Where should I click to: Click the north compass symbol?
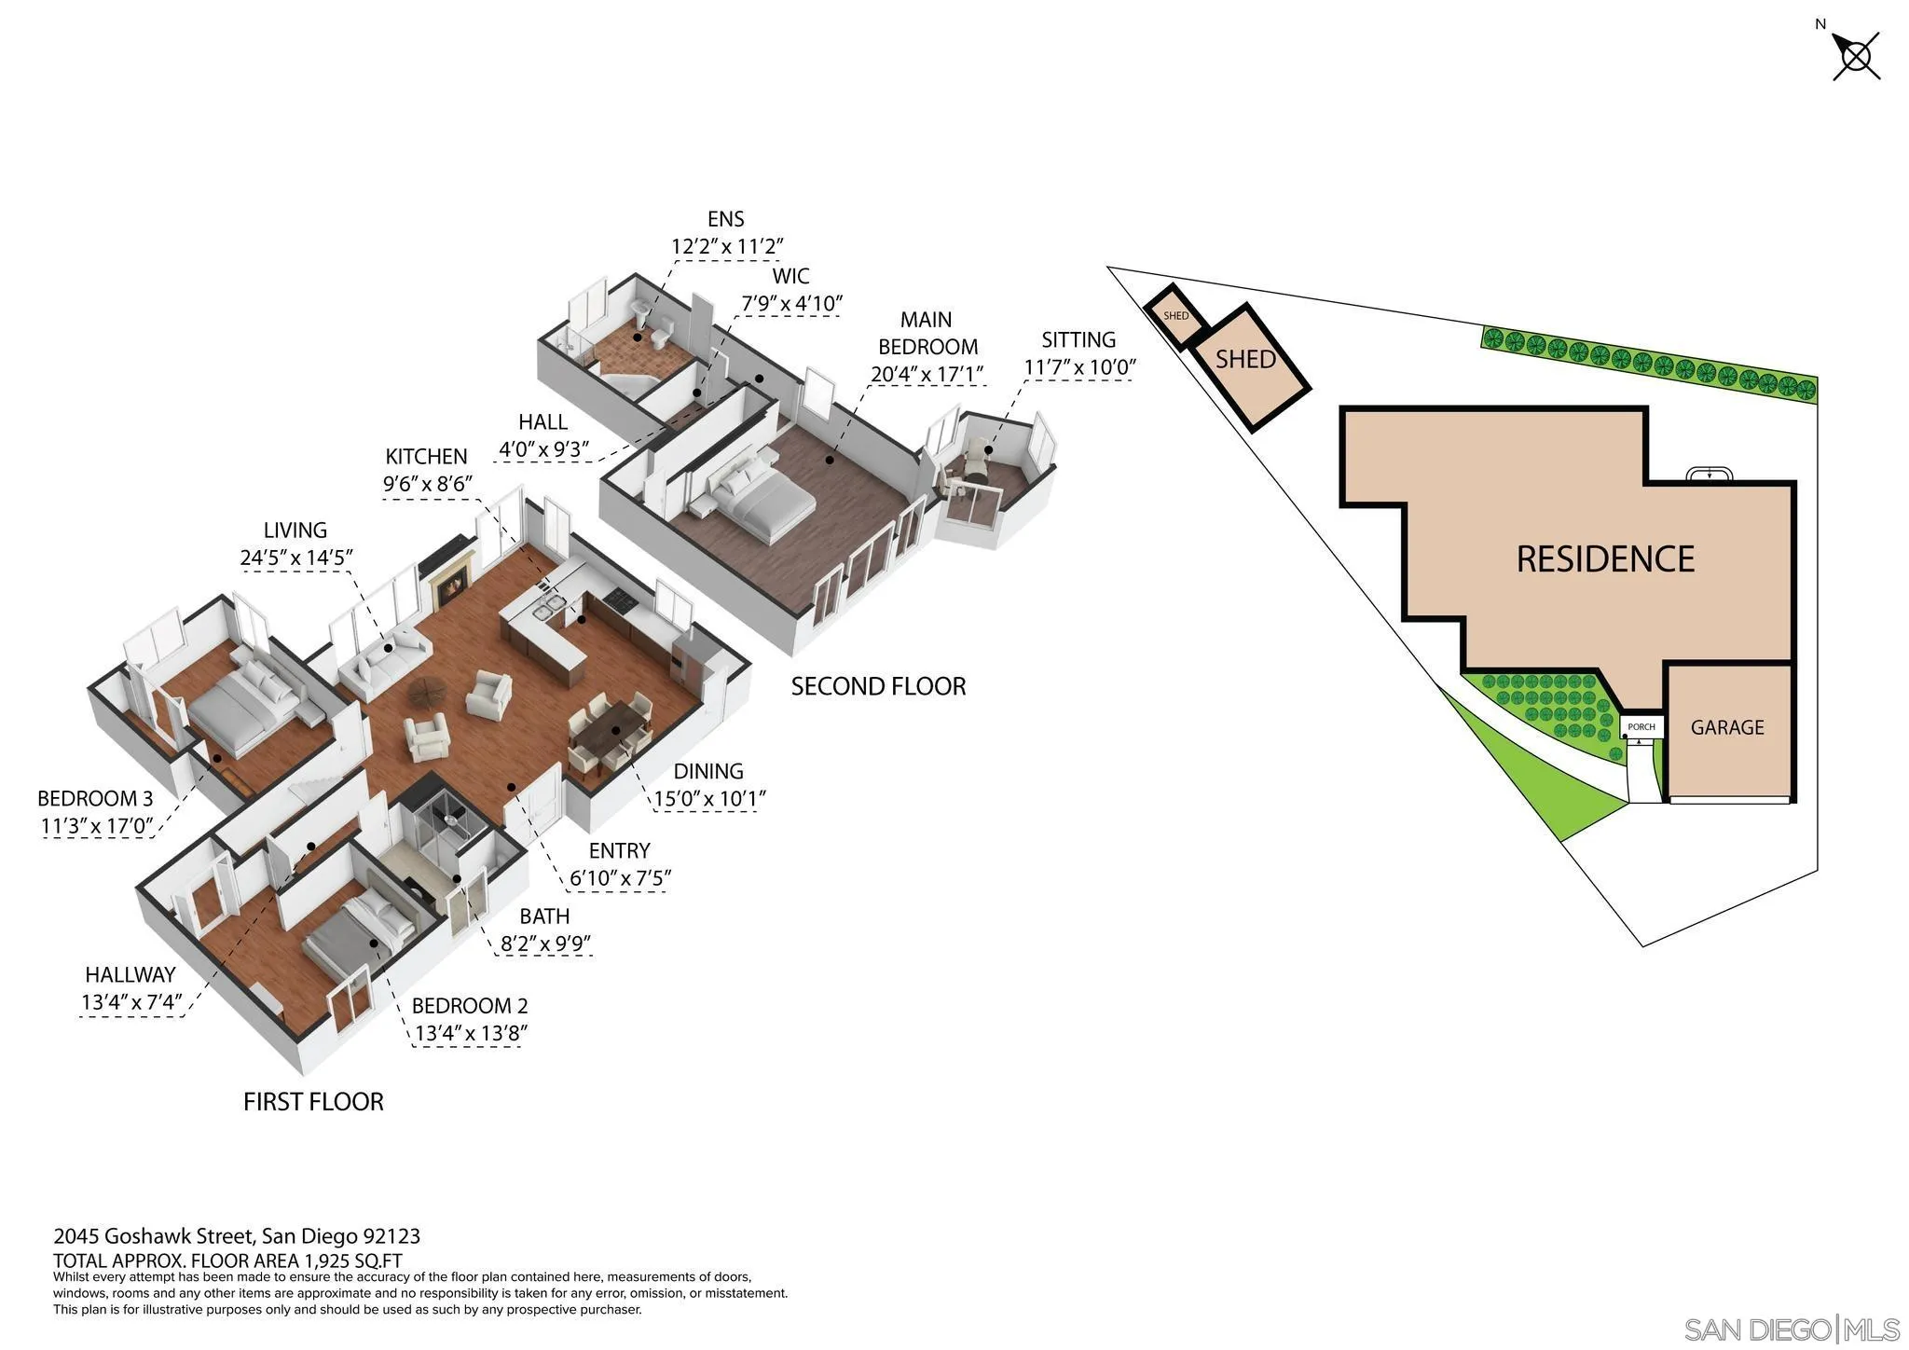click(1855, 56)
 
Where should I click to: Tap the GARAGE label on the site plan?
click(1727, 727)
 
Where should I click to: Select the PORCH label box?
click(1641, 726)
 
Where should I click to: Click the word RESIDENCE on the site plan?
click(1605, 559)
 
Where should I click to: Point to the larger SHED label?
click(1245, 359)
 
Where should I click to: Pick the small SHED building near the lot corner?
click(1176, 316)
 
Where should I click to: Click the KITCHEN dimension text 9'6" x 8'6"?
click(428, 484)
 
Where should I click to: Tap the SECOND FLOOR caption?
click(878, 687)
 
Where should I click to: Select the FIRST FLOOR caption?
click(313, 1102)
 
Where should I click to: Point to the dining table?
click(612, 732)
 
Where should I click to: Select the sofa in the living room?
click(384, 660)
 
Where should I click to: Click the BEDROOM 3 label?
click(95, 799)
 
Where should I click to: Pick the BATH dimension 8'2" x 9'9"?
click(545, 944)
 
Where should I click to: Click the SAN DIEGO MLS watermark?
click(1791, 1329)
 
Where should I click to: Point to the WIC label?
click(790, 277)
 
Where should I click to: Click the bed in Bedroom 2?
click(359, 932)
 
